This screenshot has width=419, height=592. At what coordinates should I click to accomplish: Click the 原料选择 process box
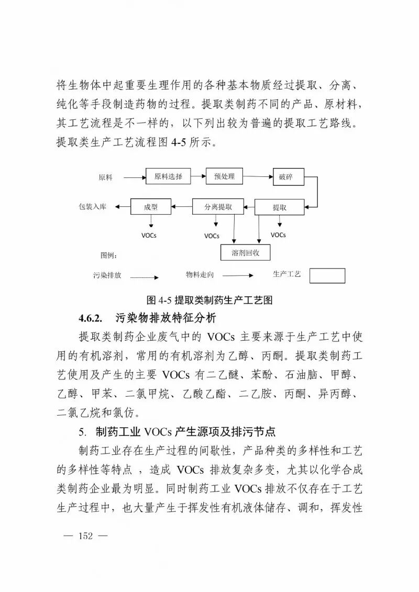[x=168, y=177]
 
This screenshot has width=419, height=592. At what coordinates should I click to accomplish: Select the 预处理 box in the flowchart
[x=225, y=177]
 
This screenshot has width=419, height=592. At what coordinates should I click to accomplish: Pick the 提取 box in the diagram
[x=279, y=207]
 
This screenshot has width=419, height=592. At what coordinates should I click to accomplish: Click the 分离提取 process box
[x=218, y=207]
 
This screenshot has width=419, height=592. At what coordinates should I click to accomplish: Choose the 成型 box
[x=150, y=207]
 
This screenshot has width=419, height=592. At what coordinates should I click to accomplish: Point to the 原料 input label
[x=105, y=177]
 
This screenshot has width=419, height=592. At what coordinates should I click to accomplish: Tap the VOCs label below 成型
[x=149, y=236]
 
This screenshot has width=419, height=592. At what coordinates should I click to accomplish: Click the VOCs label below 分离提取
[x=212, y=236]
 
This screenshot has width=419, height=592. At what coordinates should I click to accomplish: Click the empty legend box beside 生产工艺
[x=327, y=276]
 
